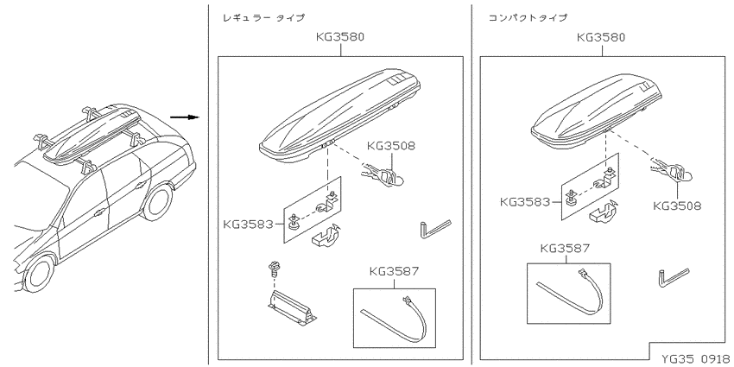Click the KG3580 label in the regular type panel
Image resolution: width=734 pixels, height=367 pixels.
click(x=340, y=37)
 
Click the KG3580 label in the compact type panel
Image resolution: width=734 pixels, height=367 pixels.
click(x=601, y=37)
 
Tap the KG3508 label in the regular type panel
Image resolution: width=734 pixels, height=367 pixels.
click(x=391, y=146)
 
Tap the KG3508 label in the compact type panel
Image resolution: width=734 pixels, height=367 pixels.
click(x=677, y=206)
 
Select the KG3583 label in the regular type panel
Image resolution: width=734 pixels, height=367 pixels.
click(x=248, y=225)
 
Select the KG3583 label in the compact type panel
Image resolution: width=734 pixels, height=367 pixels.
click(x=525, y=202)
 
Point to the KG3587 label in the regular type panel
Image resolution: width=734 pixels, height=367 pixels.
click(x=394, y=271)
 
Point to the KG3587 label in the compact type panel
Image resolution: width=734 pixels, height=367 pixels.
click(x=565, y=248)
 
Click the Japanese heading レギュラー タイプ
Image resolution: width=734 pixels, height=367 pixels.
click(x=263, y=18)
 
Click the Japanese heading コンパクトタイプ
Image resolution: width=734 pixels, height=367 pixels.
click(x=528, y=18)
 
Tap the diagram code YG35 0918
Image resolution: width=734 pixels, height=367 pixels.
click(x=695, y=358)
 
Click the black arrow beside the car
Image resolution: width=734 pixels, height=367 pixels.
click(x=185, y=117)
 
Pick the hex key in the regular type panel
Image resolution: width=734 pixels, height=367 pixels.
click(x=435, y=229)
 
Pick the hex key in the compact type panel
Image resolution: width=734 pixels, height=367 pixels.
click(x=674, y=277)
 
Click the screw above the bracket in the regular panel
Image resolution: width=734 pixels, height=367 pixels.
click(x=272, y=269)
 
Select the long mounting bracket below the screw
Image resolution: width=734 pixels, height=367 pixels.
click(x=292, y=307)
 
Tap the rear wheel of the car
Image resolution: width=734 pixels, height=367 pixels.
click(x=157, y=203)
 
